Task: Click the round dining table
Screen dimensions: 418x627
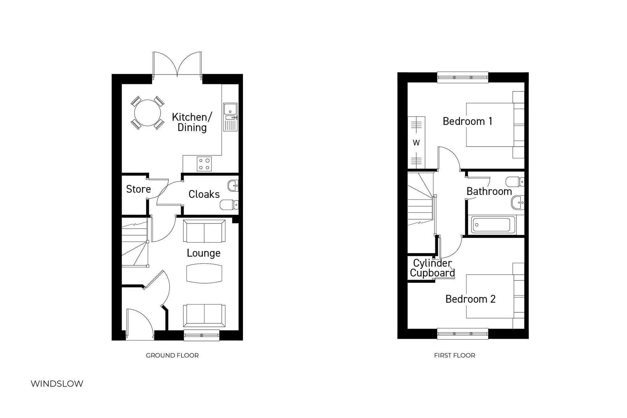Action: click(x=147, y=112)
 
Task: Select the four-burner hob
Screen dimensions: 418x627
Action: click(x=204, y=164)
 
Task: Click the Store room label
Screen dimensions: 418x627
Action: click(x=138, y=189)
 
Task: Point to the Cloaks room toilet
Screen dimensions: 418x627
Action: click(x=229, y=205)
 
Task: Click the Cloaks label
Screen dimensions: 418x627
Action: click(x=204, y=194)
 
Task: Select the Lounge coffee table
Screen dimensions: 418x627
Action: click(x=204, y=273)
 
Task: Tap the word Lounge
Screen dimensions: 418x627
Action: click(x=203, y=253)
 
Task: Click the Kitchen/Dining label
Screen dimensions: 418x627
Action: click(x=192, y=122)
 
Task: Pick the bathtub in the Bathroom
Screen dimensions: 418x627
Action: click(x=492, y=225)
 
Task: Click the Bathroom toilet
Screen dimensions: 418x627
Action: click(x=514, y=182)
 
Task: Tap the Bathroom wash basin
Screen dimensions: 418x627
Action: click(x=518, y=203)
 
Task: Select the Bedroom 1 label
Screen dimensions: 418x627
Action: click(x=467, y=121)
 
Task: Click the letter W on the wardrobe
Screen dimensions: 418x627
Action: click(x=416, y=143)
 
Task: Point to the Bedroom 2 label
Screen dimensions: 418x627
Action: click(x=470, y=299)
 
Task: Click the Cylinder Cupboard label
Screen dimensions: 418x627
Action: click(x=432, y=268)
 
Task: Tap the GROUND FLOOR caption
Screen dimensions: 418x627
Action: click(x=172, y=355)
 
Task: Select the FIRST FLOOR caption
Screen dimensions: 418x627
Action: click(x=454, y=355)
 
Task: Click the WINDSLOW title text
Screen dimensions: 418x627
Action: click(x=57, y=384)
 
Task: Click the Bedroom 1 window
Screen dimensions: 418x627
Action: click(x=462, y=77)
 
